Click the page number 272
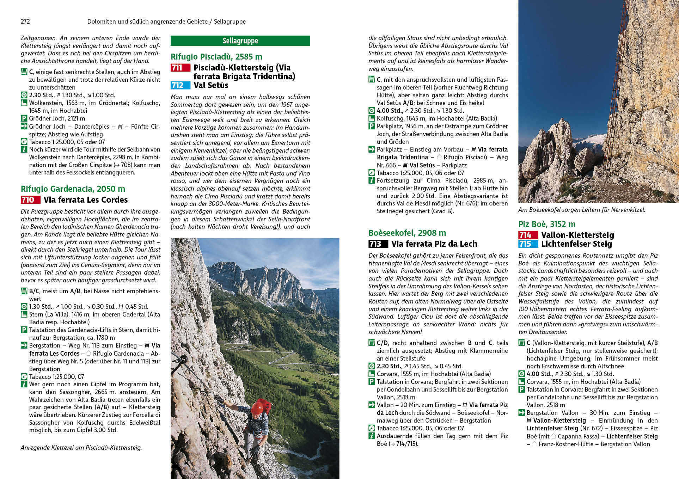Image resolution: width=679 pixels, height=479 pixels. click(x=25, y=22)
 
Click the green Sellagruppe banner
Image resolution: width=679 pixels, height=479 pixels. click(x=240, y=41)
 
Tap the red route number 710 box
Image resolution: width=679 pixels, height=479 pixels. click(x=30, y=200)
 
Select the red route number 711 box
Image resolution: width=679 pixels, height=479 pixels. click(x=181, y=68)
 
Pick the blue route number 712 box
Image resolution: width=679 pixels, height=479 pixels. click(x=181, y=85)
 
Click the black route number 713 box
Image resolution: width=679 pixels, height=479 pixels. click(x=378, y=244)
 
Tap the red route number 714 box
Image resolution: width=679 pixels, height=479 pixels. click(x=528, y=235)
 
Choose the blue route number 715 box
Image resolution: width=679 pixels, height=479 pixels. click(x=528, y=244)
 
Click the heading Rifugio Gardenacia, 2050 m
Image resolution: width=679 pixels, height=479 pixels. click(x=73, y=189)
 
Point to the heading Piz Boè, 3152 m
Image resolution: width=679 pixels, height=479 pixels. click(x=547, y=224)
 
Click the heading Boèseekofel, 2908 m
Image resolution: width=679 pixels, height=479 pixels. click(x=407, y=233)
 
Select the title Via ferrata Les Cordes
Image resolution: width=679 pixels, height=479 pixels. click(x=86, y=200)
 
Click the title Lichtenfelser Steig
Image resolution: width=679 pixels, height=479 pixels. click(x=576, y=244)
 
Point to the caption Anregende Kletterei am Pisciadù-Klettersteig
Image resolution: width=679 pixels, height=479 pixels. click(x=81, y=448)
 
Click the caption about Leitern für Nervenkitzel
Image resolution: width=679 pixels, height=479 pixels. click(x=582, y=210)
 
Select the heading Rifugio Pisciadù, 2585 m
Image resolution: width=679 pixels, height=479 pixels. click(x=216, y=57)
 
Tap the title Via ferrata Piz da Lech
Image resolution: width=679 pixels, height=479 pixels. click(x=434, y=244)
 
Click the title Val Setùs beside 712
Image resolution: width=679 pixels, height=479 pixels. click(x=211, y=85)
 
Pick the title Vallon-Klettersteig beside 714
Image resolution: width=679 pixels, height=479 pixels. click(x=577, y=235)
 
